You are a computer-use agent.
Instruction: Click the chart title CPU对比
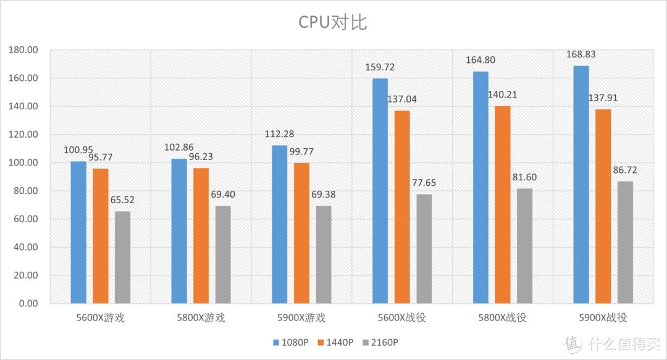click(x=333, y=23)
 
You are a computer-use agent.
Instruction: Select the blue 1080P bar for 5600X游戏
click(x=78, y=232)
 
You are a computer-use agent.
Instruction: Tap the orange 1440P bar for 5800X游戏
click(x=201, y=235)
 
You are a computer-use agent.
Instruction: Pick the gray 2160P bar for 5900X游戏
click(x=324, y=254)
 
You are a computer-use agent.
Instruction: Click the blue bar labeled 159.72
click(x=380, y=191)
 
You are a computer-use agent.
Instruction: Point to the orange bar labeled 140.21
click(x=503, y=204)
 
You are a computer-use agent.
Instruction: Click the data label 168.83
click(x=581, y=56)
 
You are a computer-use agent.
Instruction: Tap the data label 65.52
click(x=123, y=201)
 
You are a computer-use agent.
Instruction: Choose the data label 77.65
click(x=424, y=183)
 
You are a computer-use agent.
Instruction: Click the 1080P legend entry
click(x=290, y=342)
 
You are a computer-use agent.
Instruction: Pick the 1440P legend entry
click(x=337, y=342)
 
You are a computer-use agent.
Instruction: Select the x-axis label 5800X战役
click(x=502, y=318)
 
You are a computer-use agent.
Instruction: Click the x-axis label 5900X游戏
click(x=301, y=318)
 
